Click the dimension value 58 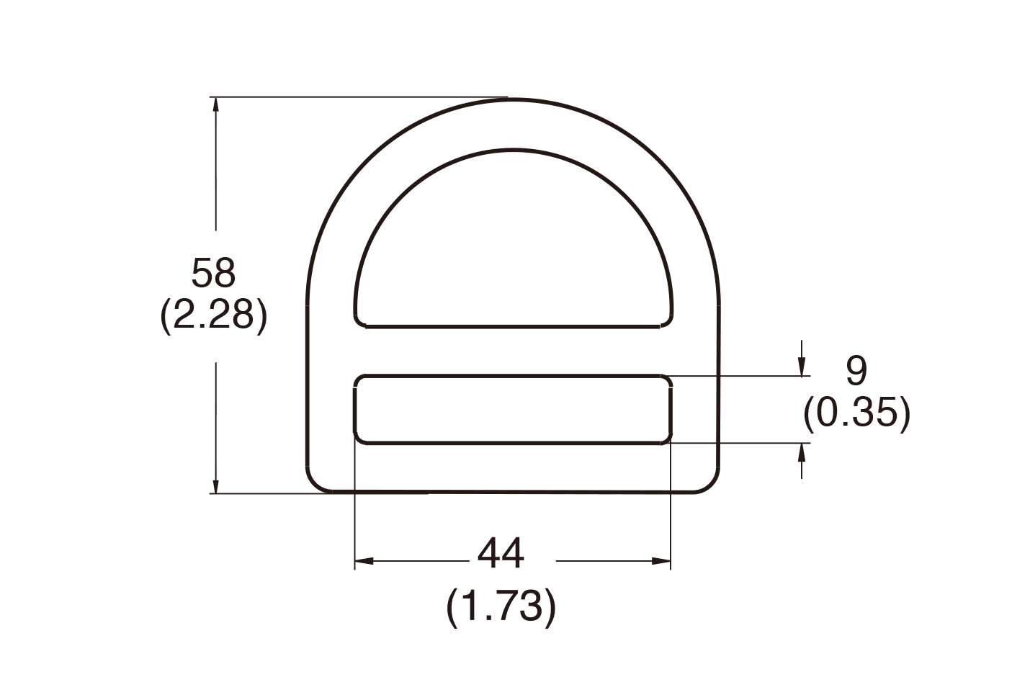click(213, 274)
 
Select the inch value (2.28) click(213, 315)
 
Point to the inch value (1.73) click(501, 606)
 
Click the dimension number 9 click(856, 372)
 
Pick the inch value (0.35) click(856, 413)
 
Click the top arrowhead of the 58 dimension click(215, 104)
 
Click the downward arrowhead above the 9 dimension click(802, 369)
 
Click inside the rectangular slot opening click(513, 409)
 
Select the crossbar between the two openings click(513, 351)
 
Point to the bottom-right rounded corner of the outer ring click(710, 485)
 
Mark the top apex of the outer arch click(513, 100)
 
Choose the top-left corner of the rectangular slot click(359, 380)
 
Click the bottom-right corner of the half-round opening click(669, 320)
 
